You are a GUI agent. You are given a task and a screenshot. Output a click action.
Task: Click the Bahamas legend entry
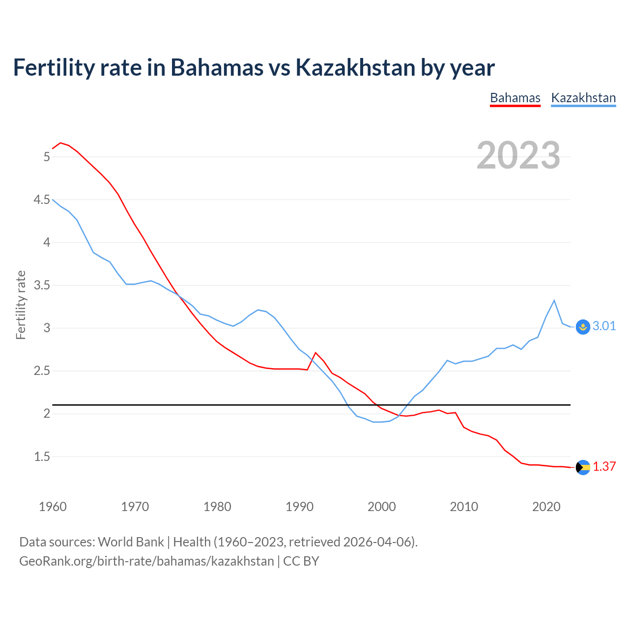tap(515, 98)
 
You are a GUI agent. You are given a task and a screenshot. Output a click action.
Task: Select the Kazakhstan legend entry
tap(583, 98)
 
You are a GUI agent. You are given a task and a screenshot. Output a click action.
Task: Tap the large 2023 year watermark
tap(518, 155)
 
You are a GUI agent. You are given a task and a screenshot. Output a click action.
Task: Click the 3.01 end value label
tap(604, 326)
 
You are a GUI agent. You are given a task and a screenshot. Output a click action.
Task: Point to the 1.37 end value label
tap(604, 467)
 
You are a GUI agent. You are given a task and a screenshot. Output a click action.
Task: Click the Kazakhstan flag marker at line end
tap(583, 327)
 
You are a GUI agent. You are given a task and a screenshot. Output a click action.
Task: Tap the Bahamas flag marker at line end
tap(583, 467)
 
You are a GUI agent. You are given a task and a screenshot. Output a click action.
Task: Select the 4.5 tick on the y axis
tap(42, 200)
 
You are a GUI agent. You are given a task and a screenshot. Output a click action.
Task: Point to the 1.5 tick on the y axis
tap(42, 457)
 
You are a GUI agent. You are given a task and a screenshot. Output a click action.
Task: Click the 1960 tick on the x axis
tap(53, 507)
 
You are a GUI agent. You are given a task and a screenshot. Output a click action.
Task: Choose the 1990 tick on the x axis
tap(299, 507)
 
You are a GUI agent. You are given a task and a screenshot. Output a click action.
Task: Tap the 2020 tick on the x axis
tap(546, 507)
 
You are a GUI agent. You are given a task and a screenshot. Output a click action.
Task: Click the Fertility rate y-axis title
tap(21, 305)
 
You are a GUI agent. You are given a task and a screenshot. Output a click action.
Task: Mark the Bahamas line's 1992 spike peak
tap(315, 352)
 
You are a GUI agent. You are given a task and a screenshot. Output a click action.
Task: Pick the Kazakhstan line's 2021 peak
tap(554, 300)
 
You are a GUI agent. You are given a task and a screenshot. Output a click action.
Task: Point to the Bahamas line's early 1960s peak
tap(60, 143)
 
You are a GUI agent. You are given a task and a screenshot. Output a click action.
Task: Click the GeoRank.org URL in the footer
tap(146, 561)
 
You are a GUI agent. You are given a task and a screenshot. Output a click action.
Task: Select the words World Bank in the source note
tap(131, 542)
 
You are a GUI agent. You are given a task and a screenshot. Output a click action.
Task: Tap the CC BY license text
tap(301, 561)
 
